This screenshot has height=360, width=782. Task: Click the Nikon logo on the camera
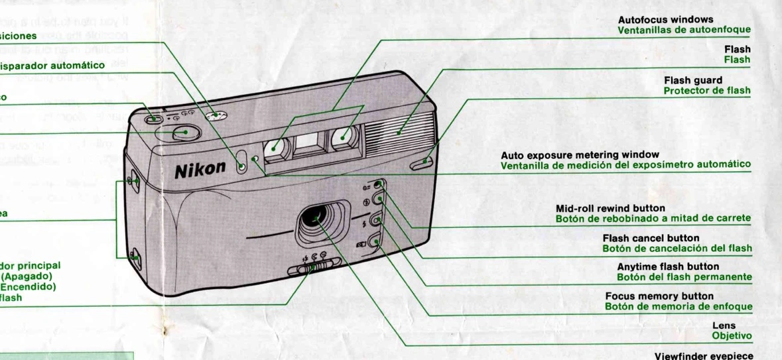pos(200,169)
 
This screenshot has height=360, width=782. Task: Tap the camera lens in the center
pos(318,218)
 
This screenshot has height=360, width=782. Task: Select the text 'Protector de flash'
pos(707,91)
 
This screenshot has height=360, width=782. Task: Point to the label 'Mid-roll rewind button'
pos(601,208)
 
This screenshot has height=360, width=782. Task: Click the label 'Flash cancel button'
pos(651,238)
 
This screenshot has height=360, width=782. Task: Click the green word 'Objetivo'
pos(732,336)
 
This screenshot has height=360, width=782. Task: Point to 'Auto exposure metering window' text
pos(580,154)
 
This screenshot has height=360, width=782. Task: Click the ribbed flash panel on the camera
pos(400,131)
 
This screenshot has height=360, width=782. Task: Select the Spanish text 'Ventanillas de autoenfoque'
pos(684,30)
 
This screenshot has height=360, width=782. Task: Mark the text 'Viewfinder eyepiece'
pos(704,355)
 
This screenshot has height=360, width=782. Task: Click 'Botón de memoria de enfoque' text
pos(678,307)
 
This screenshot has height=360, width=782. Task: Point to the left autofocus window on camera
pos(275,149)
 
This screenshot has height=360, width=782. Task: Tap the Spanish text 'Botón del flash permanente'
pos(684,277)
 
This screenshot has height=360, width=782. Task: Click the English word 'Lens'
pos(724,326)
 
